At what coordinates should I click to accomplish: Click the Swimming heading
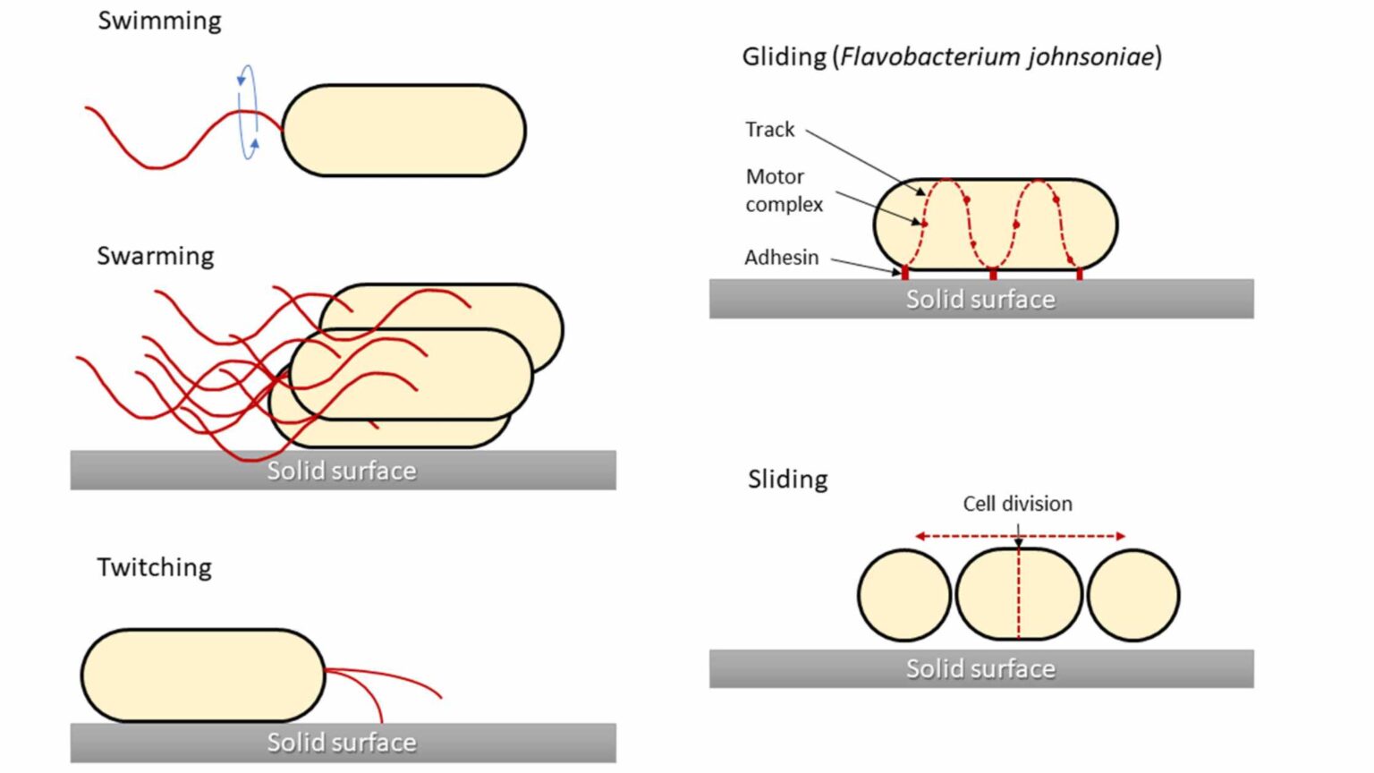159,21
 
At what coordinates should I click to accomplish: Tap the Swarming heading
156,256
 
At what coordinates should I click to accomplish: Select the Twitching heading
155,567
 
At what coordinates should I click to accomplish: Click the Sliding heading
787,480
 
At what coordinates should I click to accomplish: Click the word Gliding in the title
785,57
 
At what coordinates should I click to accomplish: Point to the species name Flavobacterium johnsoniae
997,57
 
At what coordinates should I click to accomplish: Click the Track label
769,130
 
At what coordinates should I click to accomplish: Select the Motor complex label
784,191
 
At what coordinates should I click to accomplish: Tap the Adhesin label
781,258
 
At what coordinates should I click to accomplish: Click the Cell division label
1017,504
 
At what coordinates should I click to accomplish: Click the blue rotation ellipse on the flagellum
248,112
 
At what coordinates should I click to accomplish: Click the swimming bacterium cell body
403,131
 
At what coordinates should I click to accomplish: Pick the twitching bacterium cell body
203,675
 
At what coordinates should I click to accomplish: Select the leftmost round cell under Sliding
903,595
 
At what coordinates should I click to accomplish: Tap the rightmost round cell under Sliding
1133,595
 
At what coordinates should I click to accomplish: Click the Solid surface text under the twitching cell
342,743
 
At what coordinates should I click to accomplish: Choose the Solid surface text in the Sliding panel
980,669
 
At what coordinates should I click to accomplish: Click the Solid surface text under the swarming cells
342,471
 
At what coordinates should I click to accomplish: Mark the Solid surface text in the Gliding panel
980,299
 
